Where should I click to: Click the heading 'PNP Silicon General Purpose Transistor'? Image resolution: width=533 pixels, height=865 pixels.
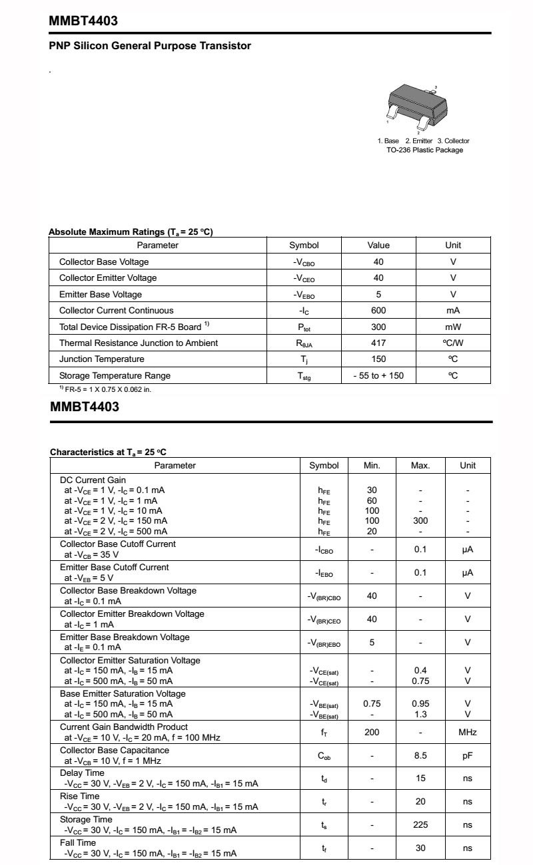coord(150,46)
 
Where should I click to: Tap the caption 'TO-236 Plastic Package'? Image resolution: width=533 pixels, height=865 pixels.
coord(424,150)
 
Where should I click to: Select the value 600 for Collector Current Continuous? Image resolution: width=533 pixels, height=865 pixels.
coord(378,311)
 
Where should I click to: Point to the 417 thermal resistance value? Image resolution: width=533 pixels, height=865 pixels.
coord(378,343)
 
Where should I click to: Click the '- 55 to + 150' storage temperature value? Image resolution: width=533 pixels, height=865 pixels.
coord(378,376)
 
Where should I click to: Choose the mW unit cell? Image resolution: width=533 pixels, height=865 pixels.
coord(453,327)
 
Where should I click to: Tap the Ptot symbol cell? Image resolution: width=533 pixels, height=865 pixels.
coord(304,327)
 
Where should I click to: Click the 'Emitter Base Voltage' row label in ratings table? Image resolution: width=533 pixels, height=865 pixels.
coord(101,294)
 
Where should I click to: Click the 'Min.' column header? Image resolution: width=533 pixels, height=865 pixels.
coord(372,466)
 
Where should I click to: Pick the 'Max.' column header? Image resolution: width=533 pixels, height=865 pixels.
coord(420,466)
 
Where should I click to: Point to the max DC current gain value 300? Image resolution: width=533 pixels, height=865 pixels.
coord(420,521)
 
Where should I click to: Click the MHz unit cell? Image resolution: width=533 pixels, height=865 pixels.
coord(468,733)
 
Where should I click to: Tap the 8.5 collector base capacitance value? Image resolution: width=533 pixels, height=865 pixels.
coord(420,756)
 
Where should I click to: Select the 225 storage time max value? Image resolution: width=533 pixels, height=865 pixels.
coord(420,825)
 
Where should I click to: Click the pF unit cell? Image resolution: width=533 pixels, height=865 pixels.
coord(468,756)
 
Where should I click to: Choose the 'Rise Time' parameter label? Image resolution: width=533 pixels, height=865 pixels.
coord(79,796)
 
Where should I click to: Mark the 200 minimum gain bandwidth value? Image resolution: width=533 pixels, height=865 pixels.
coord(372,733)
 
